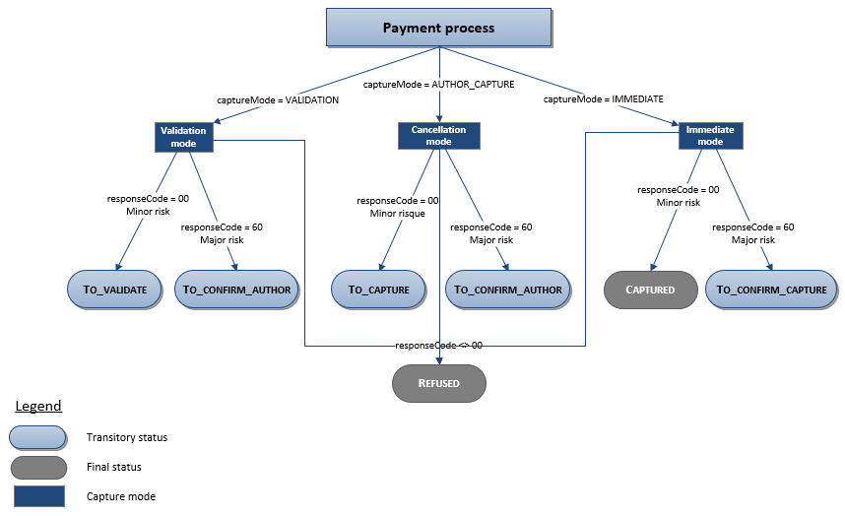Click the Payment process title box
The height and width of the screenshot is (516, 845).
point(438,28)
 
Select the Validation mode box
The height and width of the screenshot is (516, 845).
point(184,137)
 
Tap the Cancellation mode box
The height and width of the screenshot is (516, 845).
point(438,136)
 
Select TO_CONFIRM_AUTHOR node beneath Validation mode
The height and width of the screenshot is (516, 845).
point(237,290)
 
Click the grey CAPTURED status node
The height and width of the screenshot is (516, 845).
point(650,290)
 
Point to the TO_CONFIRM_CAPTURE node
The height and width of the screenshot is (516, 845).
point(772,290)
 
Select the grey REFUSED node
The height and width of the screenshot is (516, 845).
point(438,382)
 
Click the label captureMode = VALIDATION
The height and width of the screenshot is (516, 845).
point(278,100)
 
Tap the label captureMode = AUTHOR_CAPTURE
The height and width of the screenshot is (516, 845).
point(438,86)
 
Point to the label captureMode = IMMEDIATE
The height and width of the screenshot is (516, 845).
point(603,99)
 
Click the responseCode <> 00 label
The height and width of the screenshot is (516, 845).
point(438,346)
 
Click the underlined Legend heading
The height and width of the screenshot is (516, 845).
point(37,406)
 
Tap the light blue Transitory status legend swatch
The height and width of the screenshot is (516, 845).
point(37,437)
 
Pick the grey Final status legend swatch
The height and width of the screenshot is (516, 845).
point(37,467)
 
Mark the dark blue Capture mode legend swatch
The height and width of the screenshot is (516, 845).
point(37,496)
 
